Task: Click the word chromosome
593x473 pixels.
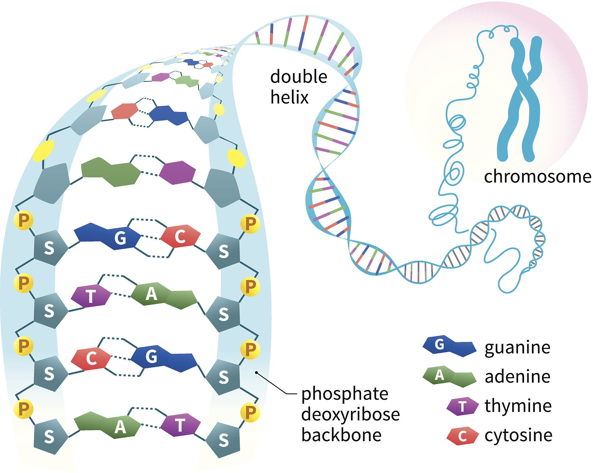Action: click(537, 176)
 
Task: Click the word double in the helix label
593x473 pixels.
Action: click(299, 77)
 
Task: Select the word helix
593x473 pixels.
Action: click(289, 97)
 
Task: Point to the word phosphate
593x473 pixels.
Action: click(345, 394)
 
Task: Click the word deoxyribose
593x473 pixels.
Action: click(350, 414)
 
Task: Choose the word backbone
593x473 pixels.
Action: click(341, 435)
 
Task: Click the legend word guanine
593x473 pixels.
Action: click(517, 347)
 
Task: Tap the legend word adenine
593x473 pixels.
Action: click(517, 377)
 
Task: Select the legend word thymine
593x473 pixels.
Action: click(518, 406)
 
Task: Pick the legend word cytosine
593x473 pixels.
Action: click(518, 435)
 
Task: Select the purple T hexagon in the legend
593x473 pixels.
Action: click(462, 406)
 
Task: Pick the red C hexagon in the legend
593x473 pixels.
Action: click(462, 436)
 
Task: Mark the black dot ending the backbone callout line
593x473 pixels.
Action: click(256, 373)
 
